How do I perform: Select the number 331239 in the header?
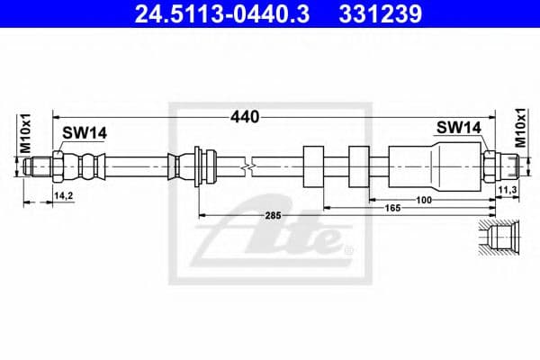pos(378,15)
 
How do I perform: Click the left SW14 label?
pos(84,132)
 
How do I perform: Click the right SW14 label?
pos(458,129)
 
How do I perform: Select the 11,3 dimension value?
pos(505,191)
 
